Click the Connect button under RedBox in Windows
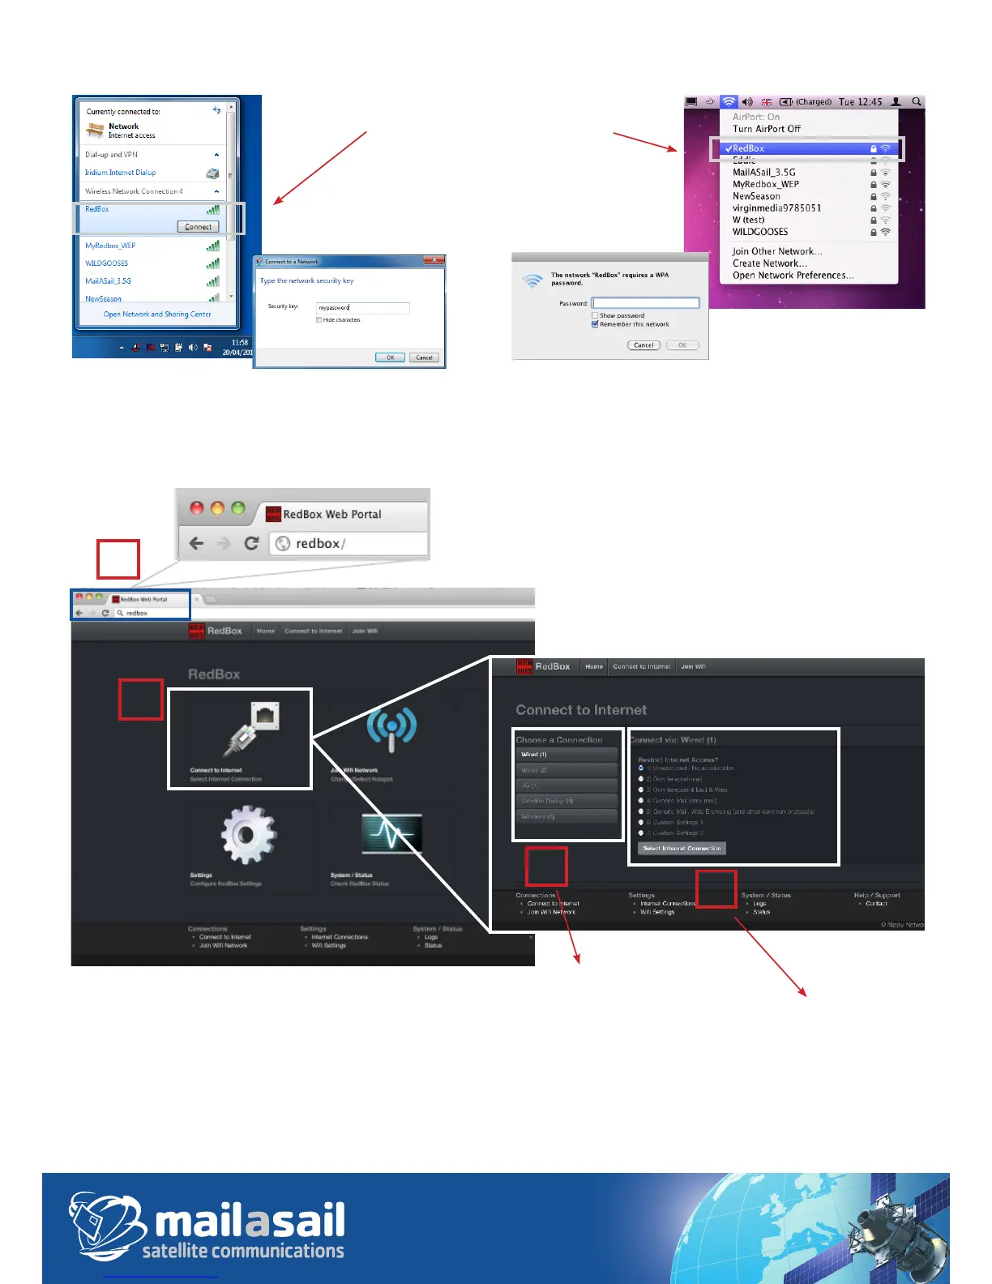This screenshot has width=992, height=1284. [x=198, y=227]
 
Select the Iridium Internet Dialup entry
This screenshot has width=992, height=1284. [x=121, y=173]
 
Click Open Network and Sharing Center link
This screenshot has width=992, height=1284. [x=157, y=315]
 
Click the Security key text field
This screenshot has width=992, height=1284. [x=362, y=308]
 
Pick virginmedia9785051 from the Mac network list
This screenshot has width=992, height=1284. [x=776, y=208]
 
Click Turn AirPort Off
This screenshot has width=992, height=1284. [x=766, y=129]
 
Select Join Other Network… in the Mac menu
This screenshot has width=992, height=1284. [x=776, y=251]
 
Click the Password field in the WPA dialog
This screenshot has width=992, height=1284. [x=645, y=303]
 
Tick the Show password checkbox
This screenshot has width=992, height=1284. [x=595, y=315]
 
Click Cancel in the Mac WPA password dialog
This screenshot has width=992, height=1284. [x=644, y=345]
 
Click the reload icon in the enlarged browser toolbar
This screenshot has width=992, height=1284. [x=251, y=543]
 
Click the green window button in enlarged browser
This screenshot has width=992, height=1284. [x=237, y=508]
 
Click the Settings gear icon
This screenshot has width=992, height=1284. [x=248, y=834]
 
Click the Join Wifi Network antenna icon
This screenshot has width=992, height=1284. [x=391, y=728]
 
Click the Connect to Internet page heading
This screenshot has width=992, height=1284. [x=581, y=710]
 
